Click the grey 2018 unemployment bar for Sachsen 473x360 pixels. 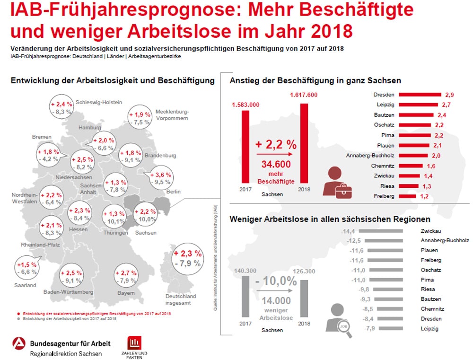tap(304, 298)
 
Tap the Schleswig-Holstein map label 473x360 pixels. tap(99, 102)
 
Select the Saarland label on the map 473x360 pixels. tap(25, 285)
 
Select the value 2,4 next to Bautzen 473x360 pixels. tap(441, 115)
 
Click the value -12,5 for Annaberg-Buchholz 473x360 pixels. tap(348, 241)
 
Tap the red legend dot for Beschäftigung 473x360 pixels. tap(18, 313)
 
